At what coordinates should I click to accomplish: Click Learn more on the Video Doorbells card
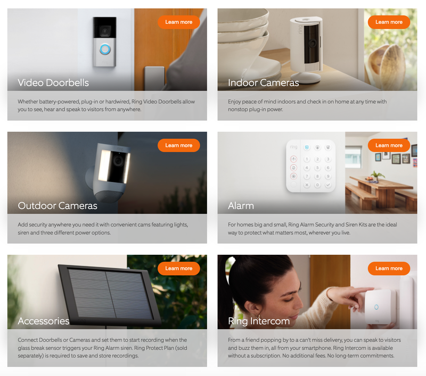179,22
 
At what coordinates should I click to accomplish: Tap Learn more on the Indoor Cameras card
389,22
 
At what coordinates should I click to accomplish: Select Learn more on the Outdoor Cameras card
179,145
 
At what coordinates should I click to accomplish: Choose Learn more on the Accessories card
179,269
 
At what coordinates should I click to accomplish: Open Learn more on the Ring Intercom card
389,269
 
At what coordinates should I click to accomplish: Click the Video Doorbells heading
53,82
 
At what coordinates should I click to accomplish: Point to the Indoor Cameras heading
264,82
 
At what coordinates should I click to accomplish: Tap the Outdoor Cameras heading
58,206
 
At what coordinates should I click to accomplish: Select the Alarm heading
241,206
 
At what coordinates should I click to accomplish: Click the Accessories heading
44,321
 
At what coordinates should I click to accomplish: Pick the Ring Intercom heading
259,321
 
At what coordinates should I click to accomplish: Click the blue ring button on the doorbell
105,49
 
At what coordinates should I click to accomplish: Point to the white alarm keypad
312,165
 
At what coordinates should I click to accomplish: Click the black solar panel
109,293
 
